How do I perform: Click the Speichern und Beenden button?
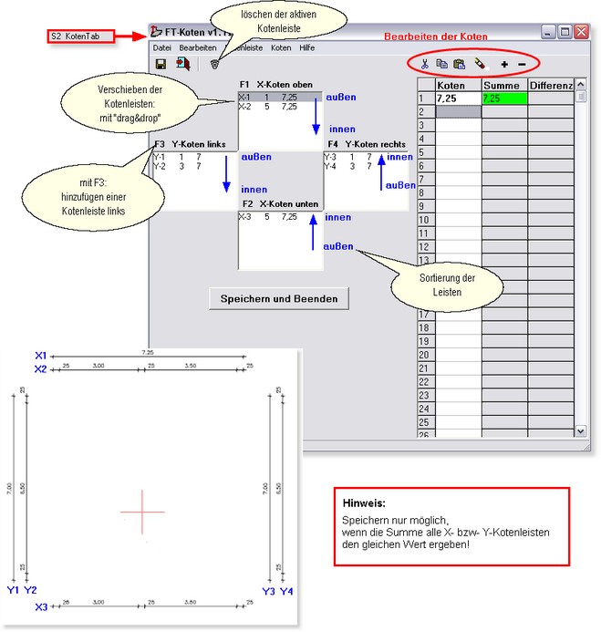(x=278, y=298)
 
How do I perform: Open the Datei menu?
(x=161, y=47)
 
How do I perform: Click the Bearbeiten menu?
(x=198, y=47)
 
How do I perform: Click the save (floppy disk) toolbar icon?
(x=161, y=64)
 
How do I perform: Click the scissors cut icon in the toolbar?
(x=424, y=64)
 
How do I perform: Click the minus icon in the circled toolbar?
(x=522, y=64)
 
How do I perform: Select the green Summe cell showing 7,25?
(x=504, y=98)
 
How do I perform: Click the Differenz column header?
(x=550, y=85)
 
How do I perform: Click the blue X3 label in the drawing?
(x=40, y=606)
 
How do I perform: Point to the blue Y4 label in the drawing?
(x=286, y=591)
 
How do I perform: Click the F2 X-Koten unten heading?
(x=281, y=203)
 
